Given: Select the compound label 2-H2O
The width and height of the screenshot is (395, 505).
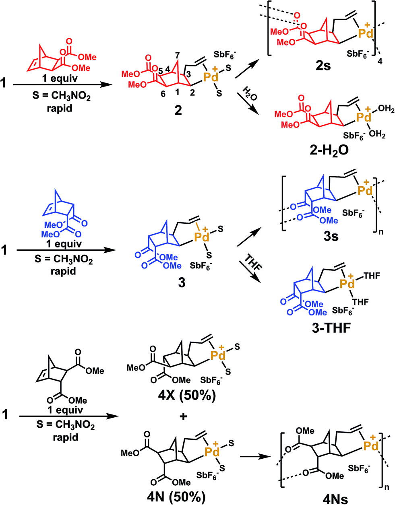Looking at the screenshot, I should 323,150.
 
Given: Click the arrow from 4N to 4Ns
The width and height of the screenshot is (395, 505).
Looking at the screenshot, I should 254,456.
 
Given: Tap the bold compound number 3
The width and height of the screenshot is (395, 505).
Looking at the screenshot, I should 182,283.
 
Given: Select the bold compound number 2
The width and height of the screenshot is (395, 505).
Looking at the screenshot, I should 178,110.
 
